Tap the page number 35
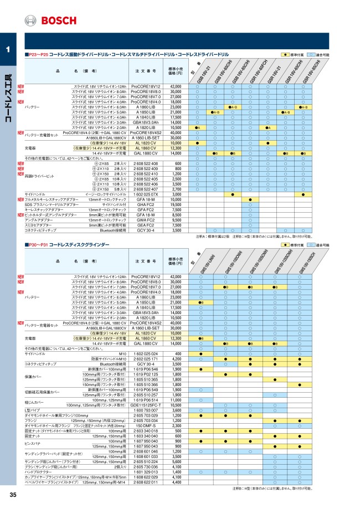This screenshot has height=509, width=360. (13, 495)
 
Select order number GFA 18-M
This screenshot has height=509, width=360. (145, 199)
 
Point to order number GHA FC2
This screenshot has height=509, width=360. (145, 204)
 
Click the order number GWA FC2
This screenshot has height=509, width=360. (145, 220)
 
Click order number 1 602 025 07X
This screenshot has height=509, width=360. (145, 194)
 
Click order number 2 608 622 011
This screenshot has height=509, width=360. (145, 481)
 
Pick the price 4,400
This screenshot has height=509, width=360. (176, 481)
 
